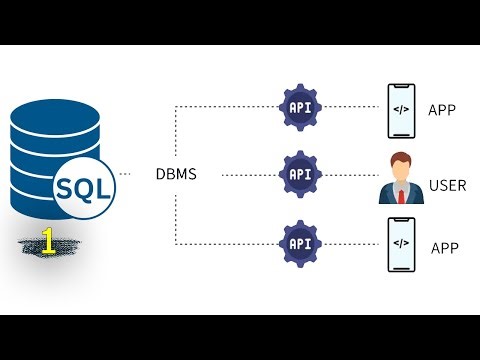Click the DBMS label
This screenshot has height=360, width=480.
tap(176, 175)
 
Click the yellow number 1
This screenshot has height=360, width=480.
tap(45, 241)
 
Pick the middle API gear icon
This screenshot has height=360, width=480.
tap(299, 174)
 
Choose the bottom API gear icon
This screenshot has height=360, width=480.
tap(299, 243)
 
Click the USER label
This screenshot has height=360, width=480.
tap(447, 185)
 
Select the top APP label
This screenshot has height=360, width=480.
tap(441, 109)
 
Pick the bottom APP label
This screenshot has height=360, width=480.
tap(445, 247)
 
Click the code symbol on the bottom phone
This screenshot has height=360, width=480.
tap(400, 243)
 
